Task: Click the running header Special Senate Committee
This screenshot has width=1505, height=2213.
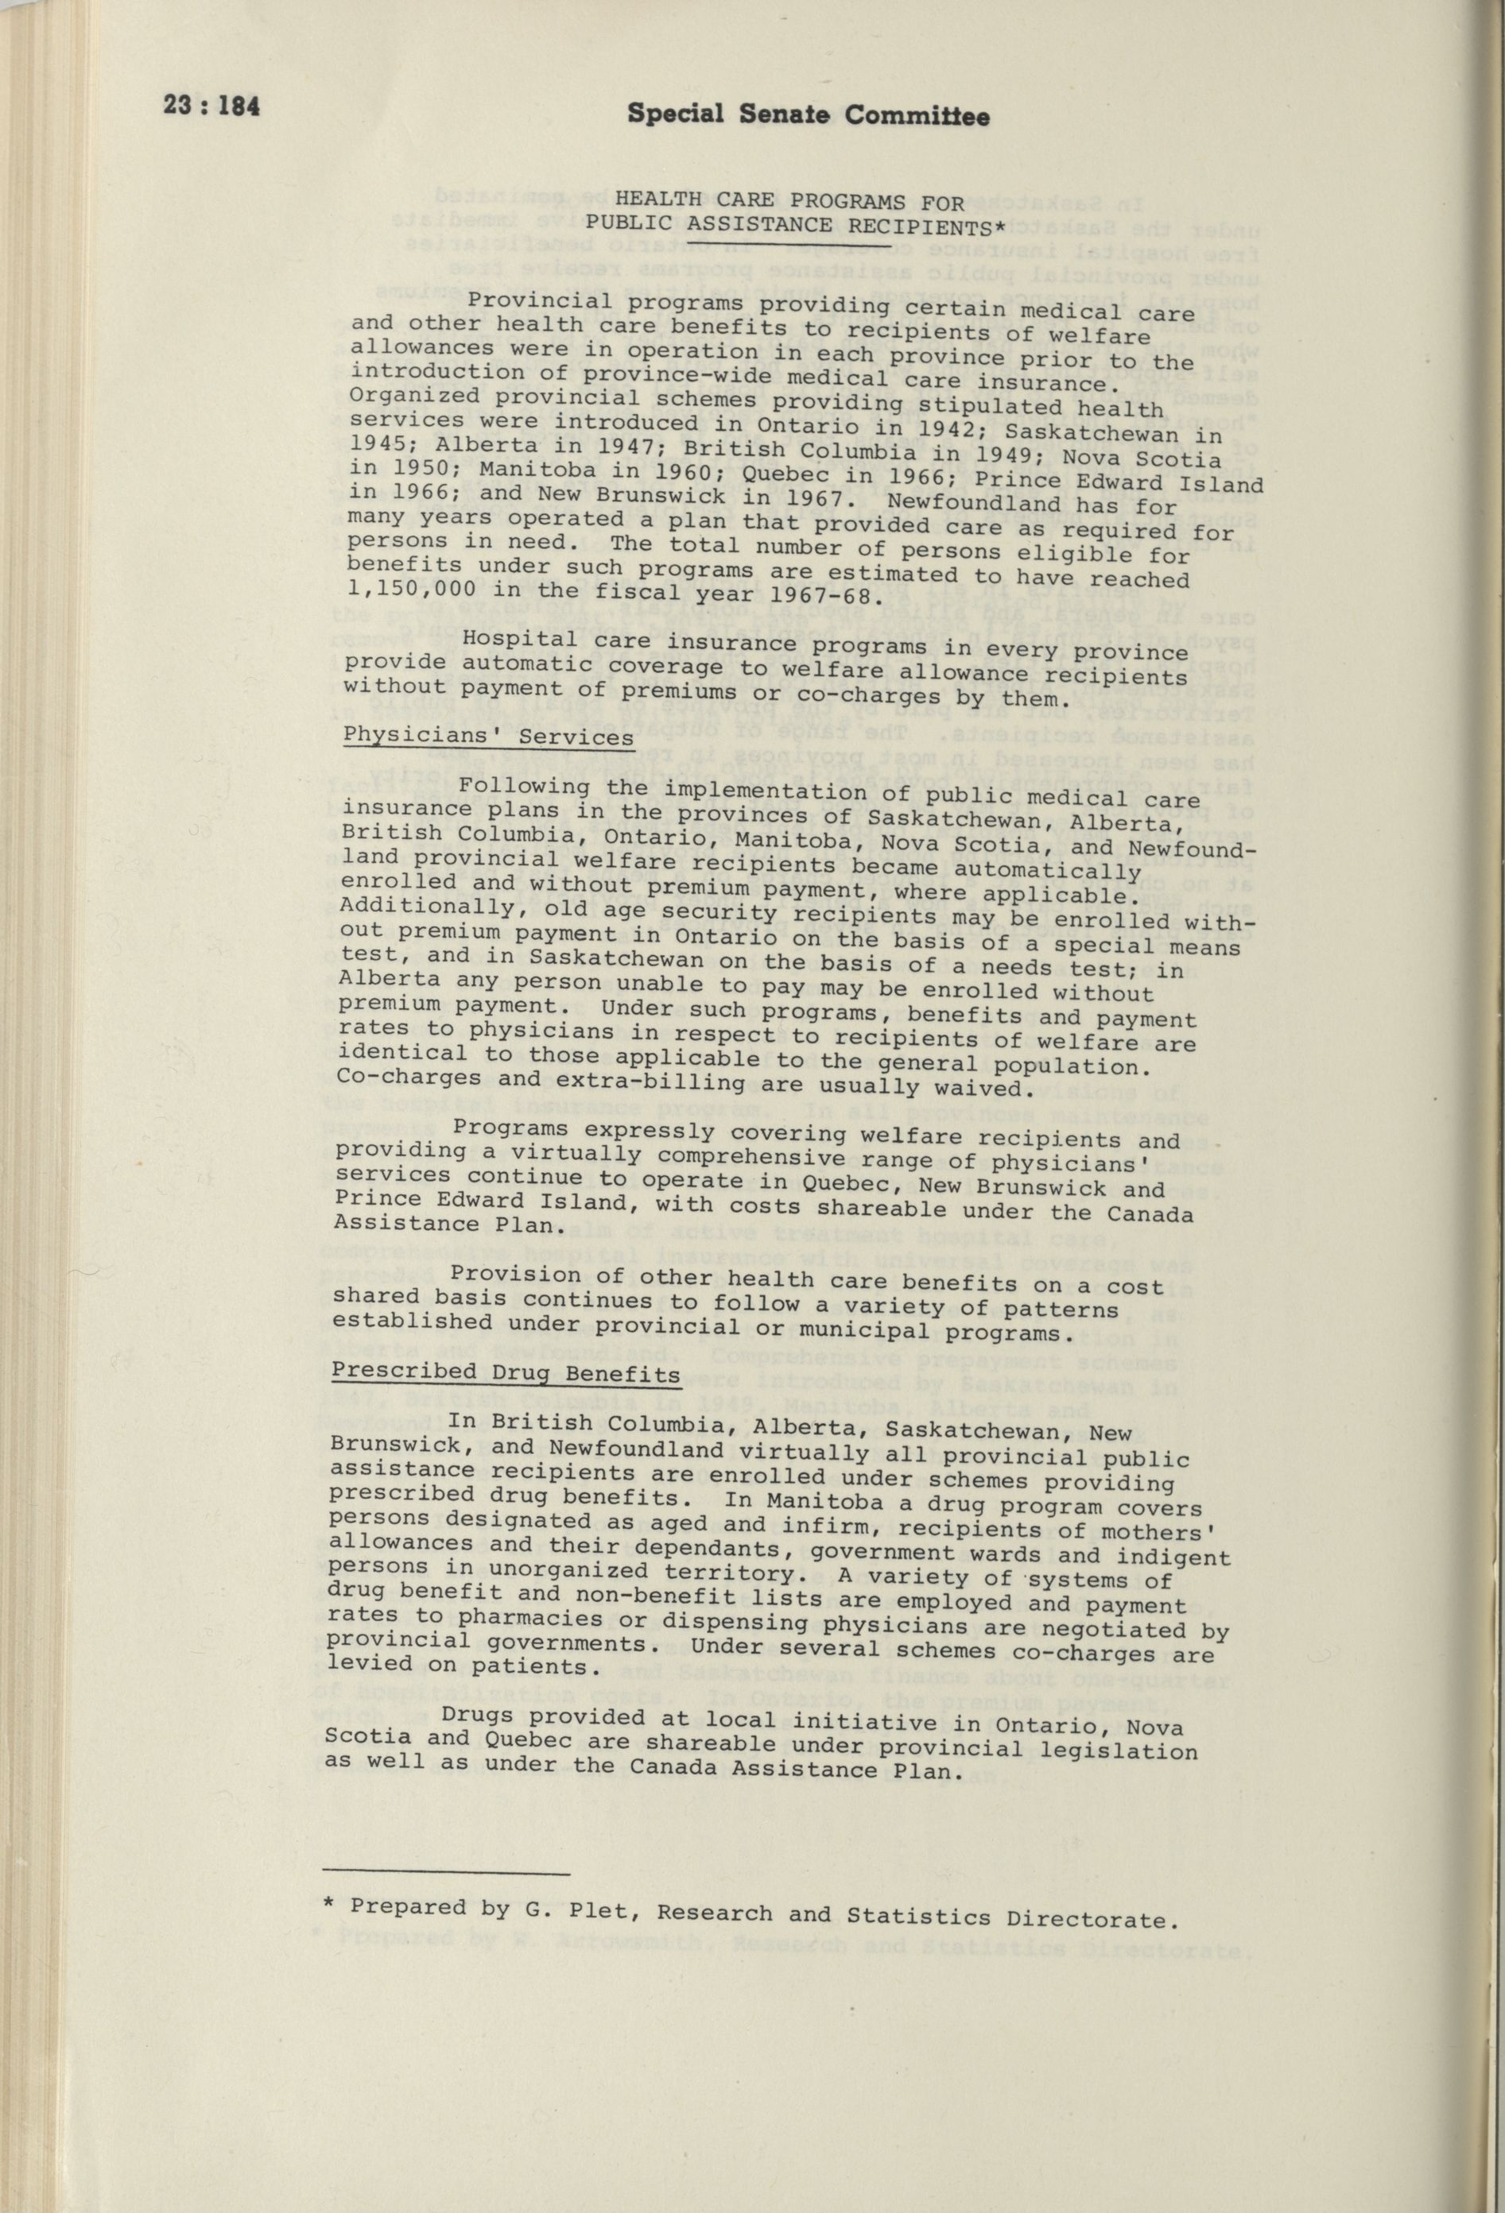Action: tap(808, 115)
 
